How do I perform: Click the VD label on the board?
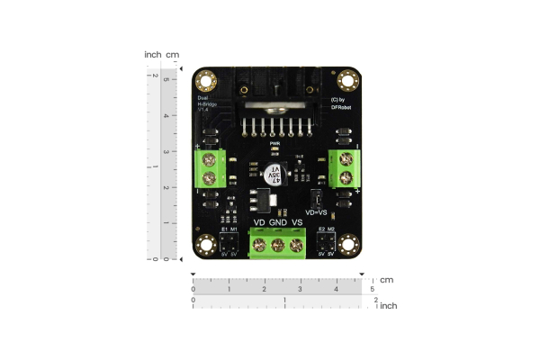pos(259,222)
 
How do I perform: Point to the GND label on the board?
pos(278,222)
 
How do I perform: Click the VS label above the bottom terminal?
pos(297,222)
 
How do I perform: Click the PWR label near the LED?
pos(276,143)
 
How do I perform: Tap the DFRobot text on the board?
pos(340,106)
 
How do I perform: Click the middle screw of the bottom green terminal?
pos(278,245)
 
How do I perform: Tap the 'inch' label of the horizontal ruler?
pos(388,306)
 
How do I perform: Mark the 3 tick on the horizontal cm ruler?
pos(300,289)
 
